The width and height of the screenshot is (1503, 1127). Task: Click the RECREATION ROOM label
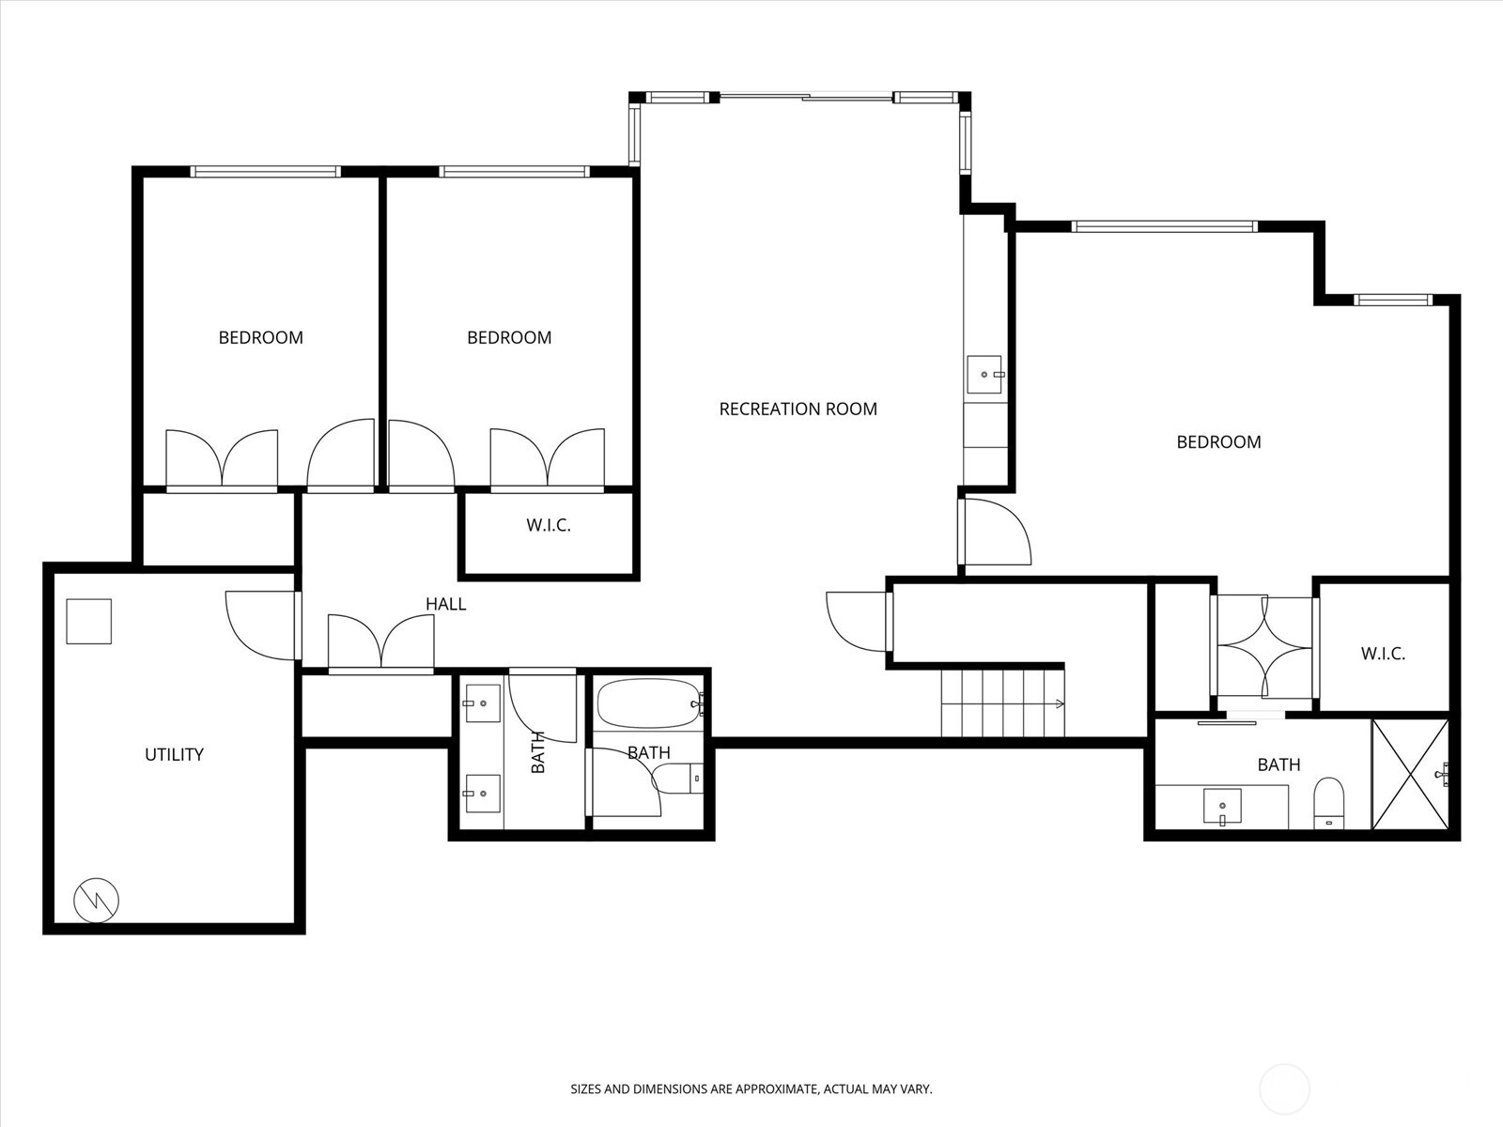pos(798,409)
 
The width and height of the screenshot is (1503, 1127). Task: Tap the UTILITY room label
pos(174,754)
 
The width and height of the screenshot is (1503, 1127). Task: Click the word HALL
pos(445,604)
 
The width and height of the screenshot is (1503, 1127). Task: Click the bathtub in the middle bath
pos(648,703)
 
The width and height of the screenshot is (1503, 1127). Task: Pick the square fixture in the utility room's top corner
pos(88,621)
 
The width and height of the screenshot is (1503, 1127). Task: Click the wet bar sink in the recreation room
pos(984,374)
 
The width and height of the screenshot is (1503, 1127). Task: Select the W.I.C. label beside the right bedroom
pos(1383,654)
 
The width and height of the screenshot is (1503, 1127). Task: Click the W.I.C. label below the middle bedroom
pos(548,525)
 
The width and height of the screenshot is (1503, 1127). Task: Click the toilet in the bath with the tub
pos(677,778)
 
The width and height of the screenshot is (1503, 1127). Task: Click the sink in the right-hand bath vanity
pos(1222,806)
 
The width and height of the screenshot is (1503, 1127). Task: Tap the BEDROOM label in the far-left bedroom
pos(260,337)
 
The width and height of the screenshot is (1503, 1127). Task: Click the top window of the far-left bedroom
pos(265,172)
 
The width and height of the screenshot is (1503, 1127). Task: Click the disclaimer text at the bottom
pos(751,1089)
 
